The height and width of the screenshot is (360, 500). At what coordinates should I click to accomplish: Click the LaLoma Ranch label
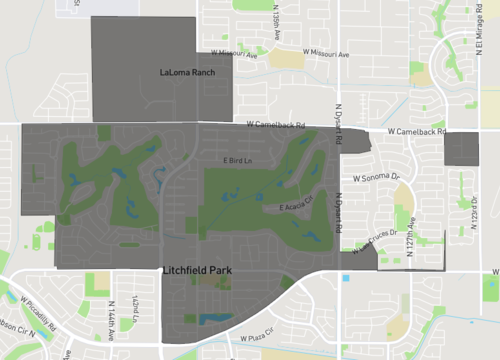point(188,73)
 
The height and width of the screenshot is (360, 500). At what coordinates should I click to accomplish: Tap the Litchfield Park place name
point(200,270)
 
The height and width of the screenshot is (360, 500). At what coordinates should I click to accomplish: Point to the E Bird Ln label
point(238,161)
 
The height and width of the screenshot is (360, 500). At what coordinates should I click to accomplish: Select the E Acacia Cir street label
point(297,207)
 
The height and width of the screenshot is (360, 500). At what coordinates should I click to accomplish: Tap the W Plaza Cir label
point(259,339)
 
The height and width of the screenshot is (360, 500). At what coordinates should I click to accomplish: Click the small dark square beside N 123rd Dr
point(461,150)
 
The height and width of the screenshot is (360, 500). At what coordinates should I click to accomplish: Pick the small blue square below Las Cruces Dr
point(347,278)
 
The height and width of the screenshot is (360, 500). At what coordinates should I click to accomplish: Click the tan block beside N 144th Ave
point(98,283)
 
